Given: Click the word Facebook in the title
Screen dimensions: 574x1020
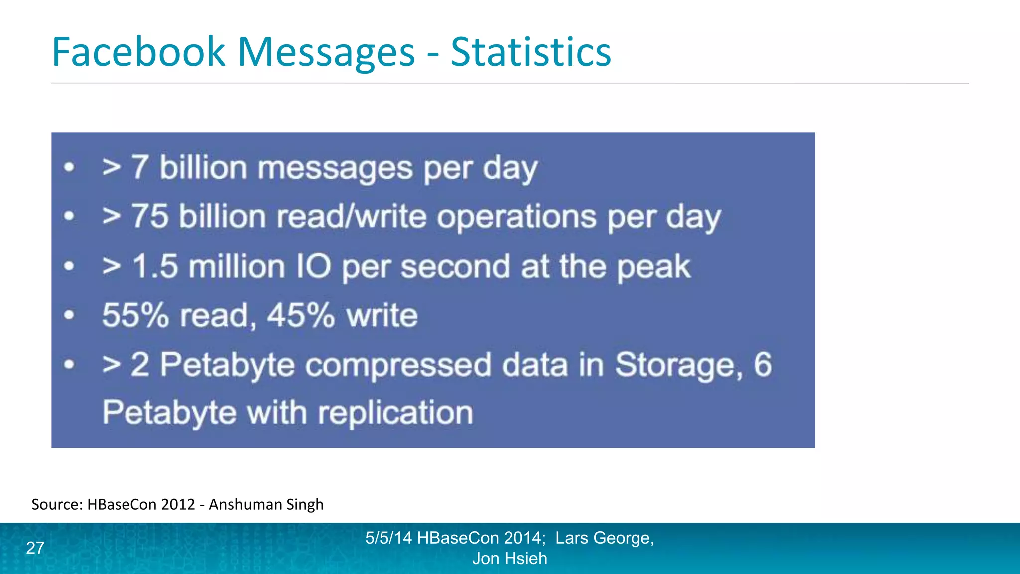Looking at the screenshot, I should (138, 52).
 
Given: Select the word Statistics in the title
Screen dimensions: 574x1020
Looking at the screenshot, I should (530, 52).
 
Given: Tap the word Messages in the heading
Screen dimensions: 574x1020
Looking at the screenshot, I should (326, 52).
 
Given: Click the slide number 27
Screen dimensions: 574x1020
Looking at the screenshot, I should (35, 548).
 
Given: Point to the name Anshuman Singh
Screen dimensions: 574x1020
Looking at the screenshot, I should (266, 504).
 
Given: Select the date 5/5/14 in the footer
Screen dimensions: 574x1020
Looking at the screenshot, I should (388, 538).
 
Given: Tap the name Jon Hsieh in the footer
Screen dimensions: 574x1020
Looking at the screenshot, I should (510, 558).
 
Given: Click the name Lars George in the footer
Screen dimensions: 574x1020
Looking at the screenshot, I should (604, 538).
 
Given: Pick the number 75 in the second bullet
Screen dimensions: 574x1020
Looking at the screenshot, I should (150, 217).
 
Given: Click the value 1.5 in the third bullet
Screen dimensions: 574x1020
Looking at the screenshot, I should (155, 266).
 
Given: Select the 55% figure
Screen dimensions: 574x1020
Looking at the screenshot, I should (135, 315).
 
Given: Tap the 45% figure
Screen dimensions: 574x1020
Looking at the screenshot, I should (300, 315).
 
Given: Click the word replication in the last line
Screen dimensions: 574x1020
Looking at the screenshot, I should (395, 413).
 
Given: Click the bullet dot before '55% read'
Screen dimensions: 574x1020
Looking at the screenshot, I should (69, 315).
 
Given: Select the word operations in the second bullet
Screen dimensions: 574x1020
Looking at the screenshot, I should (516, 217).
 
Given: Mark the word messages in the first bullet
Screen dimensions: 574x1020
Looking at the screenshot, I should (335, 168).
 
